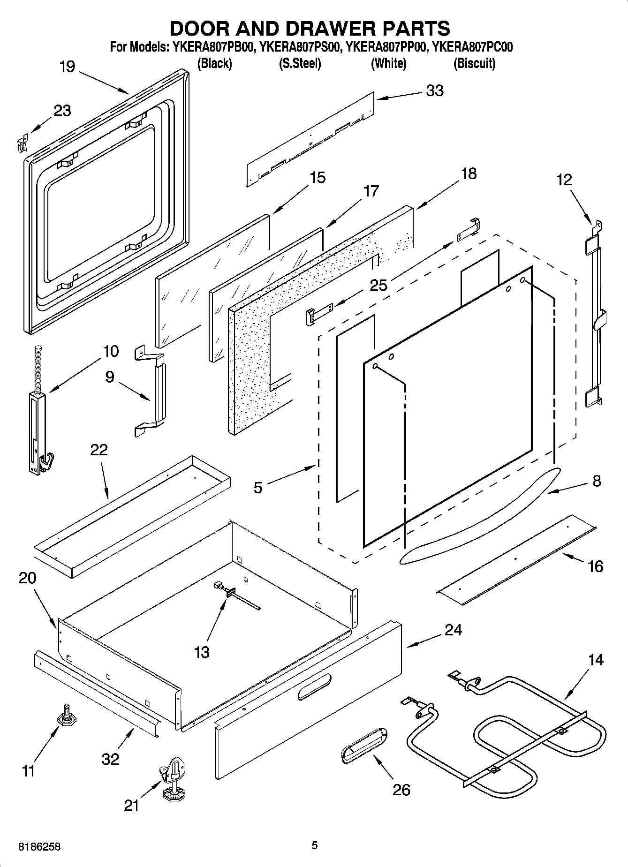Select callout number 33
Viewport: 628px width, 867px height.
(x=434, y=90)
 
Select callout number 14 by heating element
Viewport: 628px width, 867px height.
(x=596, y=660)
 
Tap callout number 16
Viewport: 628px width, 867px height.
(x=595, y=566)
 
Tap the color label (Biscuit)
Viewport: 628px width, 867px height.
(x=474, y=63)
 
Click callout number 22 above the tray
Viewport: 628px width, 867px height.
(x=98, y=450)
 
